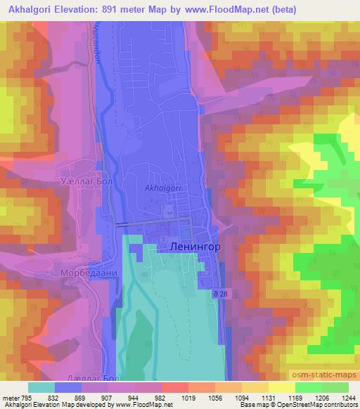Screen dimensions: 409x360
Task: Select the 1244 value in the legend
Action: pyautogui.click(x=347, y=397)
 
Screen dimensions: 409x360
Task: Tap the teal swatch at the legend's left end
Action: pyautogui.click(x=41, y=387)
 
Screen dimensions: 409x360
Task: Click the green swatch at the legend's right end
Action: pyautogui.click(x=335, y=387)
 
